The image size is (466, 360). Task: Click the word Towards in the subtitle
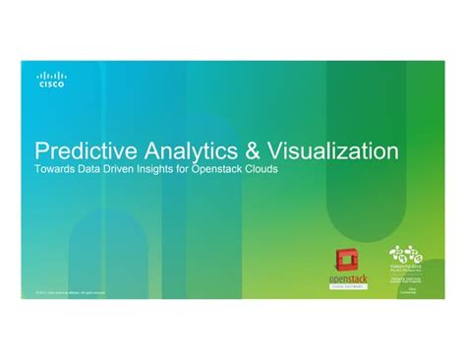(x=54, y=170)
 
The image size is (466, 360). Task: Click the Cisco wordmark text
(x=51, y=85)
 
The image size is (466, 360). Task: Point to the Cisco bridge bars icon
(x=51, y=75)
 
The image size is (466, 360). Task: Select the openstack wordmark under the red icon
(x=348, y=278)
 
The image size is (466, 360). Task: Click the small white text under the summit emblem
(x=406, y=280)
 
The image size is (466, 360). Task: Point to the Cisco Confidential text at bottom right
(x=414, y=291)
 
